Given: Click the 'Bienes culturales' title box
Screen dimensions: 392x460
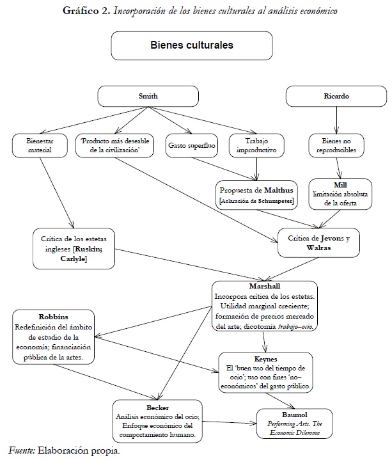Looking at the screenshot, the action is coord(192,46).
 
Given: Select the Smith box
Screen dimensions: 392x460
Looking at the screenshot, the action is coord(148,96).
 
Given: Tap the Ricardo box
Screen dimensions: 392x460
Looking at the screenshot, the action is coord(336,96).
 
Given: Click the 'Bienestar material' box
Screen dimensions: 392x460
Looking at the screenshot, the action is coord(40,145).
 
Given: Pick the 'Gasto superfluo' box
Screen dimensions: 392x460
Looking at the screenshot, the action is coord(192,145).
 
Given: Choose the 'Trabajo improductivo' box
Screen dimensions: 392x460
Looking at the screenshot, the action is coord(256,145).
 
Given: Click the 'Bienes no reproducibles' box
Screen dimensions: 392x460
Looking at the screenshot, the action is coord(336,145).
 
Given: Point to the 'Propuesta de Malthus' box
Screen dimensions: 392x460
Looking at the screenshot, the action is coord(256,195).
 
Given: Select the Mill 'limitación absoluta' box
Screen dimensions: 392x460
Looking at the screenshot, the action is coord(340,194).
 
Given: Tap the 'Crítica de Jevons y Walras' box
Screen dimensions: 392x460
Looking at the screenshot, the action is coord(318,243).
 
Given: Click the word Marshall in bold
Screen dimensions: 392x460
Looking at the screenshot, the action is coord(265,287).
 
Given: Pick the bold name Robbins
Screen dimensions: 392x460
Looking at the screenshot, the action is coord(53,317).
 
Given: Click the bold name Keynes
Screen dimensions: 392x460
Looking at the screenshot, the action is coord(265,359).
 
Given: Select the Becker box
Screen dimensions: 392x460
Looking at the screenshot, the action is coord(157,421).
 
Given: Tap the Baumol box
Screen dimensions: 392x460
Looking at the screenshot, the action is coord(295,424).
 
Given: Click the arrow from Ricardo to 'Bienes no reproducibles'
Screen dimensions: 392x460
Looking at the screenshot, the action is coord(336,120).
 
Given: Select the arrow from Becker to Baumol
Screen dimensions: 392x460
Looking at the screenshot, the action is coord(230,422).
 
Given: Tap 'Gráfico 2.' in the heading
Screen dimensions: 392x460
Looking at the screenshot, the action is coord(86,11).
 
